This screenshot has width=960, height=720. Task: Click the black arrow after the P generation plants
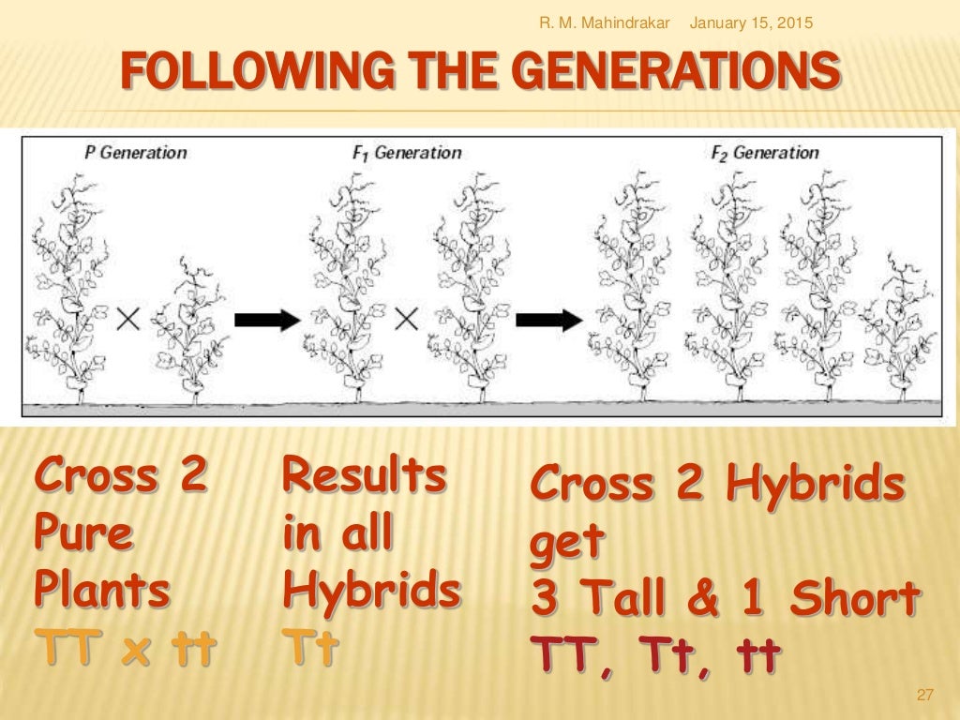(x=266, y=320)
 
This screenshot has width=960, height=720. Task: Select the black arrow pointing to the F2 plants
(x=549, y=320)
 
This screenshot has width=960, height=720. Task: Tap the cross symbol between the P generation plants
(x=129, y=320)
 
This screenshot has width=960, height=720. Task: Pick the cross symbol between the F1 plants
(x=405, y=320)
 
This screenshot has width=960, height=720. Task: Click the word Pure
(x=83, y=533)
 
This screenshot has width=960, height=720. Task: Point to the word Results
(x=364, y=476)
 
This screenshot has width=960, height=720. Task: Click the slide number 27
(x=925, y=695)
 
